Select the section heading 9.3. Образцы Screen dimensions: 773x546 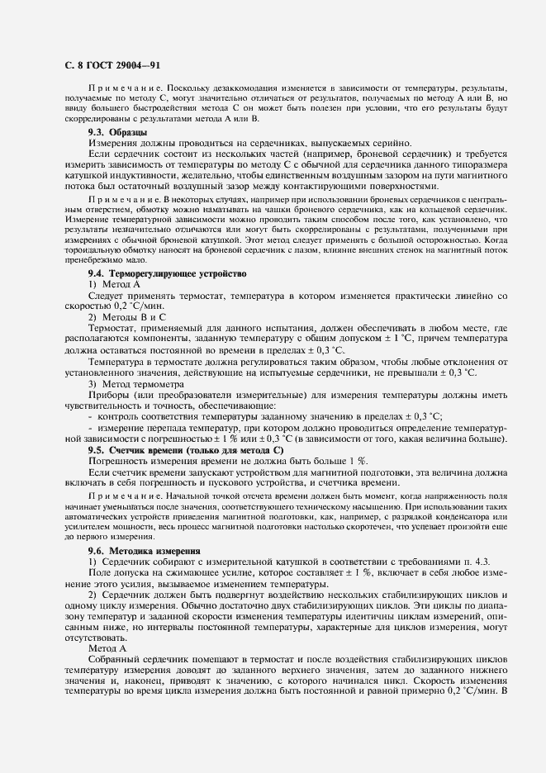click(x=118, y=132)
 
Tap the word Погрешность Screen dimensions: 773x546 click(x=118, y=460)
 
